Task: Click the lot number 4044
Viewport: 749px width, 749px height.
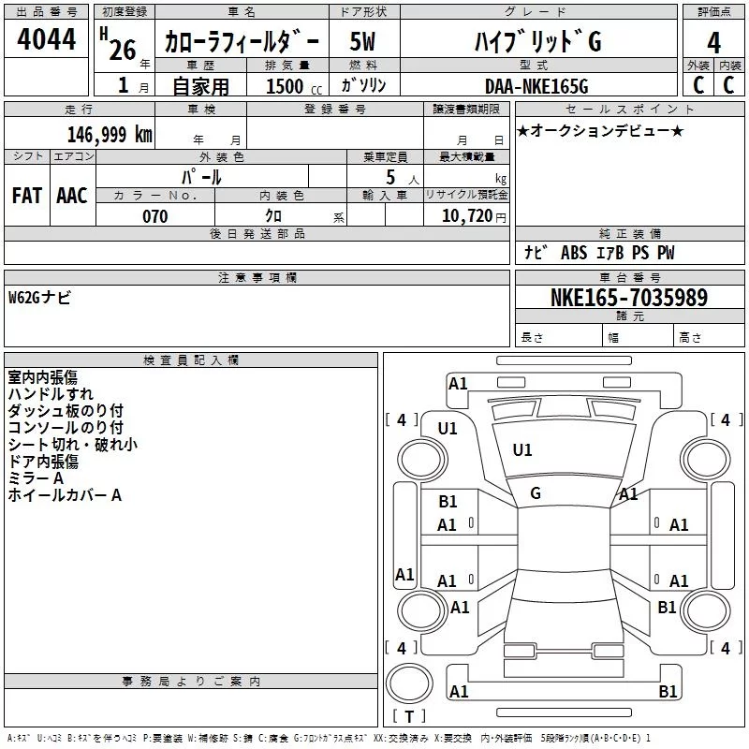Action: tap(46, 39)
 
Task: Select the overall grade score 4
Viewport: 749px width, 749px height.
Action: tap(713, 43)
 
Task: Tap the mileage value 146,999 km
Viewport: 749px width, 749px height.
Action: tap(110, 135)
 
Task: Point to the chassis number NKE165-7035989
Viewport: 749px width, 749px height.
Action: tap(629, 298)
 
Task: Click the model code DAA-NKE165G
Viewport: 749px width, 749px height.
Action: tap(536, 86)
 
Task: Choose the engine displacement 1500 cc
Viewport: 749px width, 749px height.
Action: tap(294, 86)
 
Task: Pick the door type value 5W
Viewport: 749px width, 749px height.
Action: tap(362, 41)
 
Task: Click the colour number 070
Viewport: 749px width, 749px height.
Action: tap(155, 216)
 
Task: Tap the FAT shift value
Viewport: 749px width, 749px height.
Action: tap(27, 196)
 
